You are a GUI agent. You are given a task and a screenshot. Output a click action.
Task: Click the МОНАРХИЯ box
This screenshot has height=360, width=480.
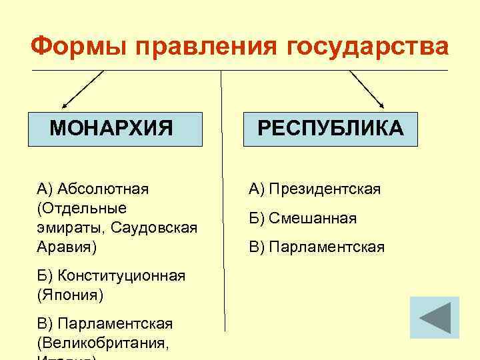click(115, 128)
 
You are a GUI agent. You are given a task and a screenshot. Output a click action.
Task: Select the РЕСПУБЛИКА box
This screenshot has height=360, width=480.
click(331, 128)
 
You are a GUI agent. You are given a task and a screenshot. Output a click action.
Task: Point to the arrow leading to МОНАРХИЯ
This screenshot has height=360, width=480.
click(83, 89)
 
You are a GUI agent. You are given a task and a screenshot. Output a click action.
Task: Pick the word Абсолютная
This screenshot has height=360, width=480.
click(103, 189)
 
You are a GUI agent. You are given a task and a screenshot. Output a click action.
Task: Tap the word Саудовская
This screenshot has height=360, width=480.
click(154, 228)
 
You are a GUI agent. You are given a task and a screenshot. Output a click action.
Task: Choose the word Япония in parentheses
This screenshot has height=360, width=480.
click(70, 294)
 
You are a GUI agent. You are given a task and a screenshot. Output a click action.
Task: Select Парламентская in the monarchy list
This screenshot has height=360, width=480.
click(115, 324)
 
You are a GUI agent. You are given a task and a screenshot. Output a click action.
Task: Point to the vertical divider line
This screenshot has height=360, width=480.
click(222, 200)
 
